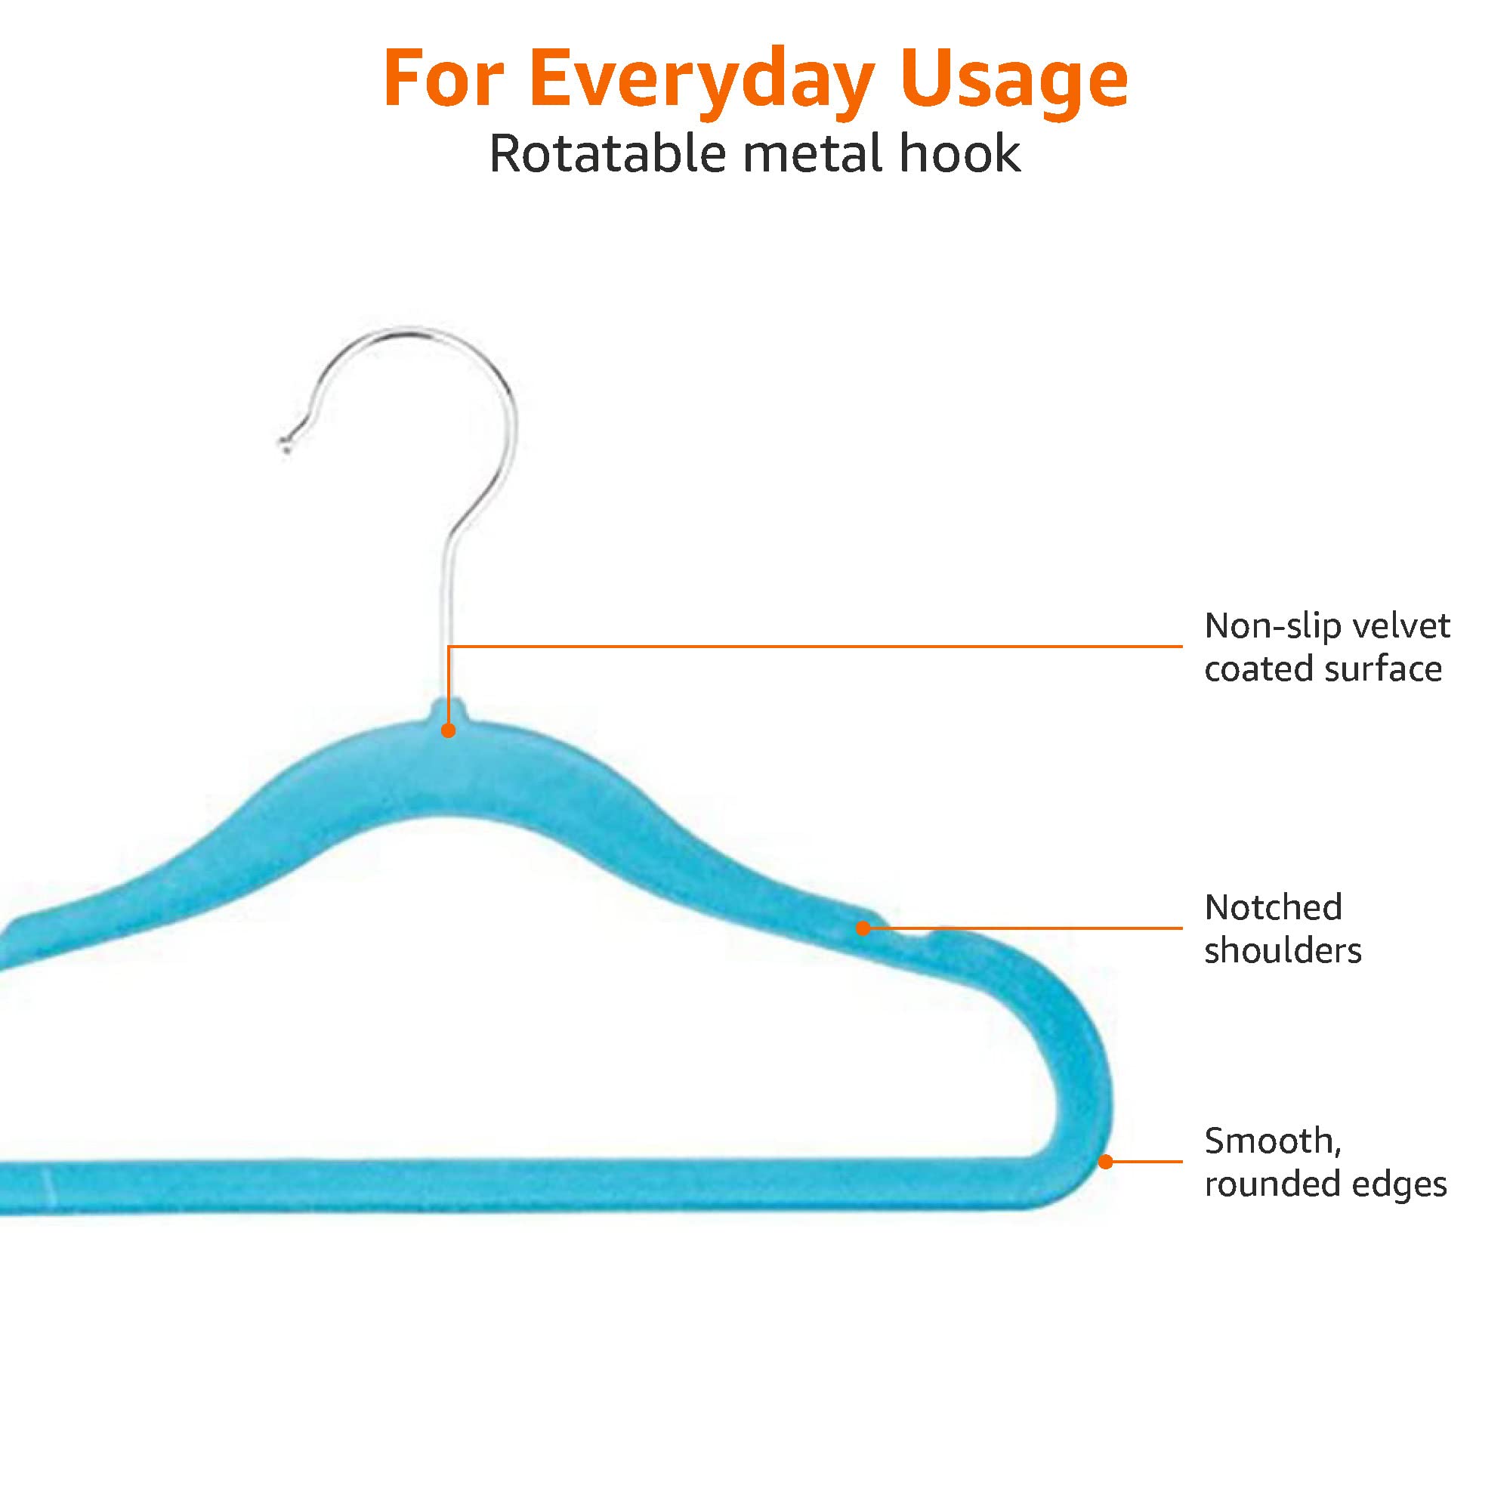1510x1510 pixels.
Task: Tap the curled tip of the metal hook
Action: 285,446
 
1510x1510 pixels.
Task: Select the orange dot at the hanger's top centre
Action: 448,730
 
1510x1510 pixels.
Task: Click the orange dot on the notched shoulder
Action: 863,928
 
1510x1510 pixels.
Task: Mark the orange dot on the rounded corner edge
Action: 1105,1162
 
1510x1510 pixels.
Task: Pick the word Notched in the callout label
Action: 1273,907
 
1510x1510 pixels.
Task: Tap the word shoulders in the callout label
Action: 1283,951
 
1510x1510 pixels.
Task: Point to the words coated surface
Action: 1323,670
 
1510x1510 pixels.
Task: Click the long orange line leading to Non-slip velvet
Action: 815,647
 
